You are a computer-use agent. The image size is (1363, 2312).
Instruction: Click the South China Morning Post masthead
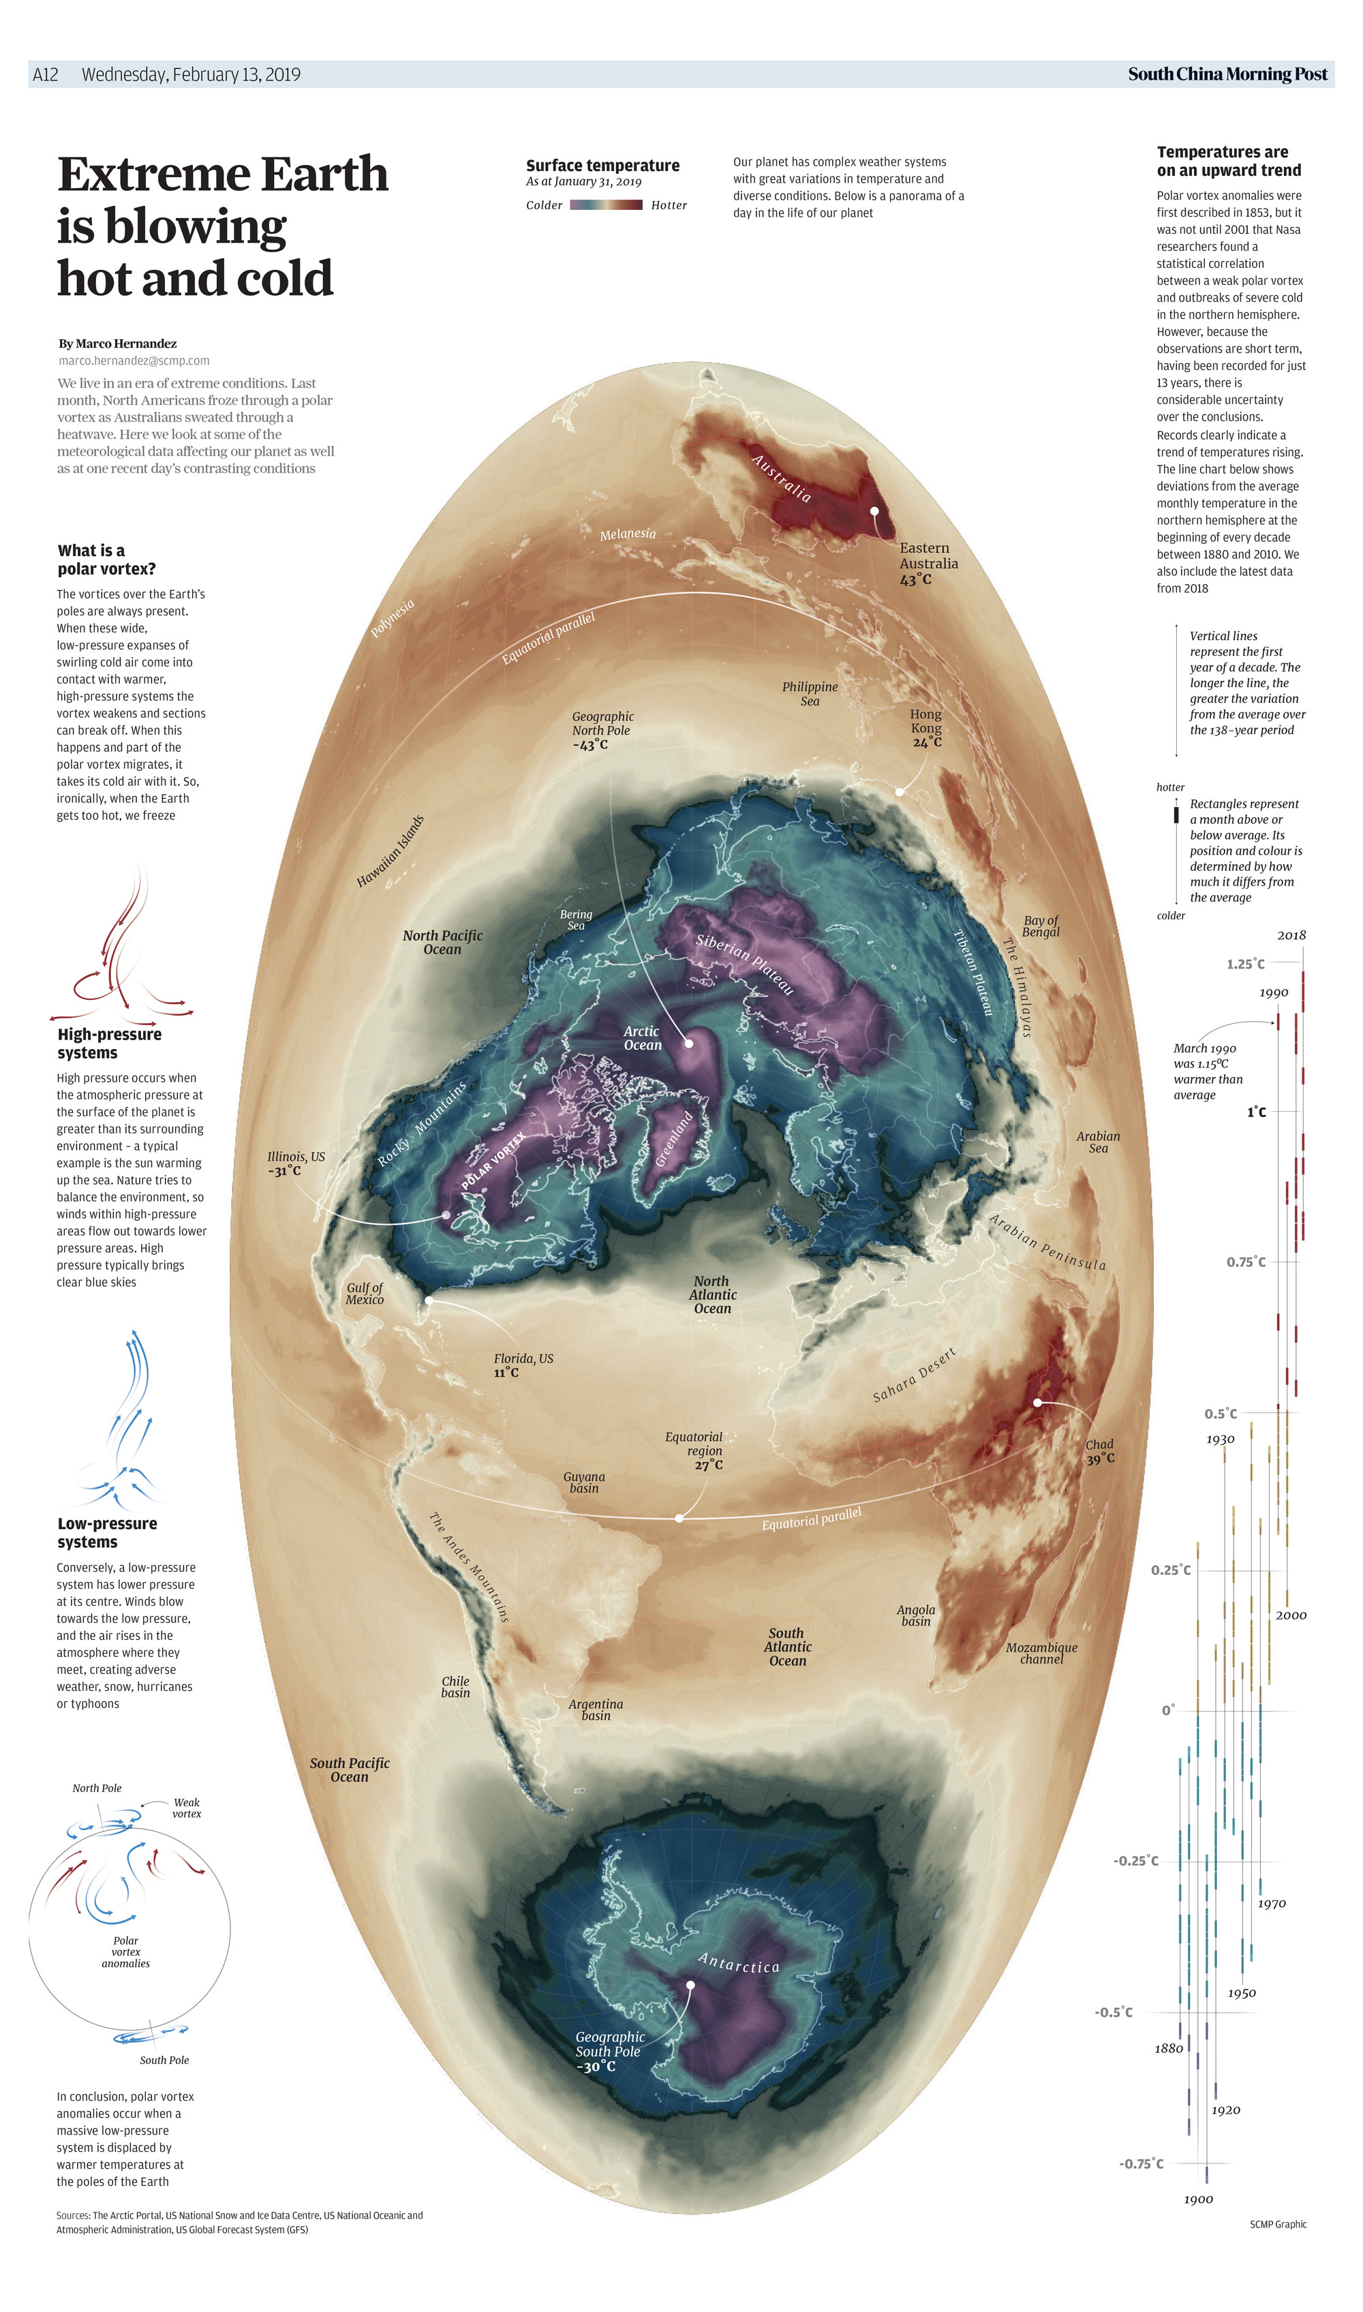[1227, 74]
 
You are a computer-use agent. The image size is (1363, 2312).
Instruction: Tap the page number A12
[45, 74]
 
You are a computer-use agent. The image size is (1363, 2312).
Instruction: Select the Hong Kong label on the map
[925, 721]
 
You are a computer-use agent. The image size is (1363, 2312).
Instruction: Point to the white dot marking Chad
[1037, 1403]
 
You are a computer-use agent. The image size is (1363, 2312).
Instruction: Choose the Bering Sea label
[576, 919]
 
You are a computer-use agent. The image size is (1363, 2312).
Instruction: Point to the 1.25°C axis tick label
[1245, 964]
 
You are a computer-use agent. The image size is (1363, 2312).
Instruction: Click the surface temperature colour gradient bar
[606, 205]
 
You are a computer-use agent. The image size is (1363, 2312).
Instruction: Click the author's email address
[134, 361]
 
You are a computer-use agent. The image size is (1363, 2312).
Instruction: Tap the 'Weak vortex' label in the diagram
[187, 1808]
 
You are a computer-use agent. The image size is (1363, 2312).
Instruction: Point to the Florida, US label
[523, 1358]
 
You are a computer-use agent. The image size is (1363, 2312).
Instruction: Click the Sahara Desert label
[914, 1375]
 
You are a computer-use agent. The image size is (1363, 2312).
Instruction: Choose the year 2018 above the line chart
[1291, 935]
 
